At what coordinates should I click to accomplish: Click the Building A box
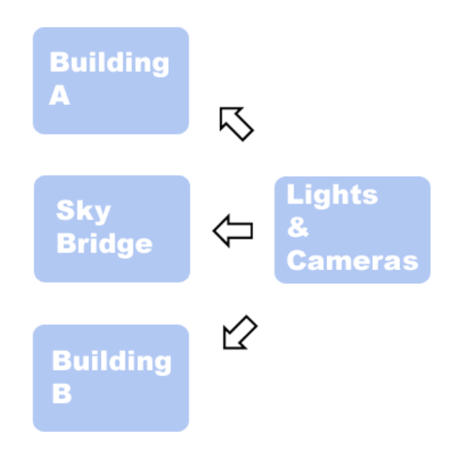(111, 81)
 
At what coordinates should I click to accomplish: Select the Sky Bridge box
(112, 228)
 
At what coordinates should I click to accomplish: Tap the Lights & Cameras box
(352, 229)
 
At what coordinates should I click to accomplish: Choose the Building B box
(111, 378)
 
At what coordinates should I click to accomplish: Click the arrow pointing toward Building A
(236, 123)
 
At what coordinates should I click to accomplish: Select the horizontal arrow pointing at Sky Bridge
(233, 231)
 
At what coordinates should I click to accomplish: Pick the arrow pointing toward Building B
(239, 332)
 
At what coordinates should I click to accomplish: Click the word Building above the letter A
(109, 63)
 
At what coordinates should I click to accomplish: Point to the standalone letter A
(59, 96)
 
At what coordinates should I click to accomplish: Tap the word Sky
(83, 212)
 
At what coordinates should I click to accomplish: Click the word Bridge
(104, 244)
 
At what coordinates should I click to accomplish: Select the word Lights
(332, 195)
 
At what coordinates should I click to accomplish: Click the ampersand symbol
(297, 228)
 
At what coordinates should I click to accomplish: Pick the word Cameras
(353, 261)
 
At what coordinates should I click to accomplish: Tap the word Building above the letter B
(111, 361)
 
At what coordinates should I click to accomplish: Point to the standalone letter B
(61, 393)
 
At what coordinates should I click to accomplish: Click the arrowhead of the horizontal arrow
(221, 231)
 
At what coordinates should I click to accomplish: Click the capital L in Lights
(293, 195)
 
